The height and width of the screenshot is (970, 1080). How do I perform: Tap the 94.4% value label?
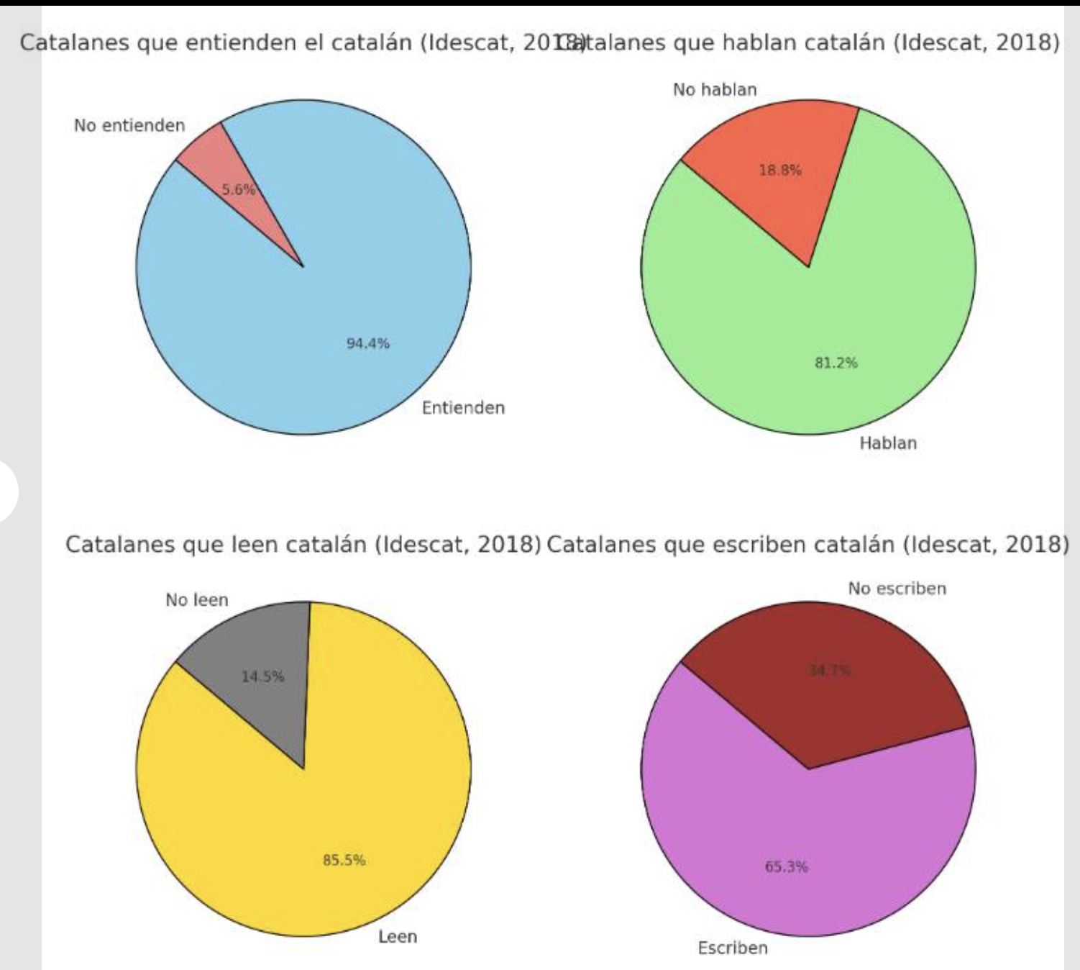coord(368,343)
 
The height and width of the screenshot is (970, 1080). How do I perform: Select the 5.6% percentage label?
coord(238,190)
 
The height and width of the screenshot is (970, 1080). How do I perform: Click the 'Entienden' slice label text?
coord(463,408)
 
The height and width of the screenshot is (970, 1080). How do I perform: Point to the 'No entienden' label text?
coord(129,126)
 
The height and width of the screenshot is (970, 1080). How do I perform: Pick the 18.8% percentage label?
coord(780,171)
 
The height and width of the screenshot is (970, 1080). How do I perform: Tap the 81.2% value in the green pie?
coord(836,363)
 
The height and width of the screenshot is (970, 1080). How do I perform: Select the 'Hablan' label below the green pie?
coord(888,443)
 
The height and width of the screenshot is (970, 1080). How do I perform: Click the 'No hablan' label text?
coord(715,90)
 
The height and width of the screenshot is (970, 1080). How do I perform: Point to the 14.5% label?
coord(262,676)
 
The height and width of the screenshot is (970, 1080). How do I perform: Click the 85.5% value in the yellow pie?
coord(344,860)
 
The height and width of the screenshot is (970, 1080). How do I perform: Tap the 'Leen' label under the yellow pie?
coord(398,937)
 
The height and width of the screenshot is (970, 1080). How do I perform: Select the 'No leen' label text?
coord(196,600)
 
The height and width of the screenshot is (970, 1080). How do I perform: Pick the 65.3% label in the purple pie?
coord(786,866)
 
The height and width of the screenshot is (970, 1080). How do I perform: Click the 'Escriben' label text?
coord(733,948)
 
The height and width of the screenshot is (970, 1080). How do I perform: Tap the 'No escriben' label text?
coord(897,589)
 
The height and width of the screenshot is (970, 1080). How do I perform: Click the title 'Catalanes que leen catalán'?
coord(303,544)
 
